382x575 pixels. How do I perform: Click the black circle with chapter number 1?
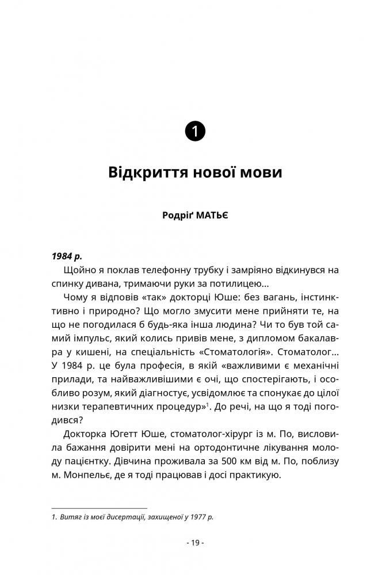coord(195,131)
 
